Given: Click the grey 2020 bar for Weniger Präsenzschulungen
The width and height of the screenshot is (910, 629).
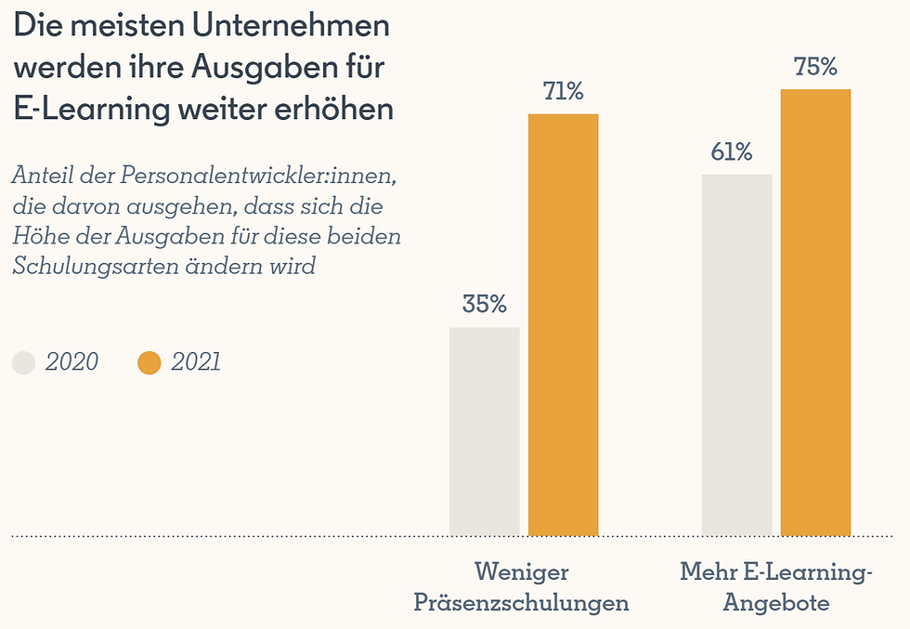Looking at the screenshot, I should point(484,431).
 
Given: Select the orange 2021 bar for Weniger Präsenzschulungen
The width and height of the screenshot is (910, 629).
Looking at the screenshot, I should point(563,324).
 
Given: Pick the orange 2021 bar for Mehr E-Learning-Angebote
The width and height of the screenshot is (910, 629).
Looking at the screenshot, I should point(815,312).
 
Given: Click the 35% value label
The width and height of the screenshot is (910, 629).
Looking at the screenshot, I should point(484,304).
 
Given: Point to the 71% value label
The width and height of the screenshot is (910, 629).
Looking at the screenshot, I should point(563,91).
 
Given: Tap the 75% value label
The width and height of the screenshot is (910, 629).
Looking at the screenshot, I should point(815,67).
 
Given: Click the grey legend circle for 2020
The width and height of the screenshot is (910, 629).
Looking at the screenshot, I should point(23,362).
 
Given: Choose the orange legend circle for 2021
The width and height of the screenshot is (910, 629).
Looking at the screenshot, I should point(149,362).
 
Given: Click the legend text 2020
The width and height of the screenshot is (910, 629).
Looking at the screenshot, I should point(71,362).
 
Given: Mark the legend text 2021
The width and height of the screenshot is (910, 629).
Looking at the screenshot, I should point(196,362).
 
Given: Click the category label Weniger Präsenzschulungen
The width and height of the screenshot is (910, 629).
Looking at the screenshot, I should point(521,586).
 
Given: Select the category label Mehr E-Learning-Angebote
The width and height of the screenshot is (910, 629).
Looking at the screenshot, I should point(776,586).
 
